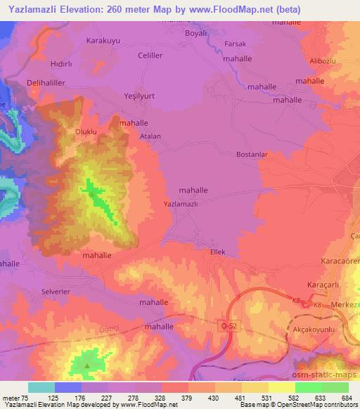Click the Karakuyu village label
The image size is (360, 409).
coord(103,41)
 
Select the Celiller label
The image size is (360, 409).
coord(150,55)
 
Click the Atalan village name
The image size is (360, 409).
coord(150,136)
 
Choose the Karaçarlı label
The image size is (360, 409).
coord(323,284)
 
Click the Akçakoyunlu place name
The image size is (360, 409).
coord(326,329)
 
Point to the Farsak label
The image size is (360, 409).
coord(234,44)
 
